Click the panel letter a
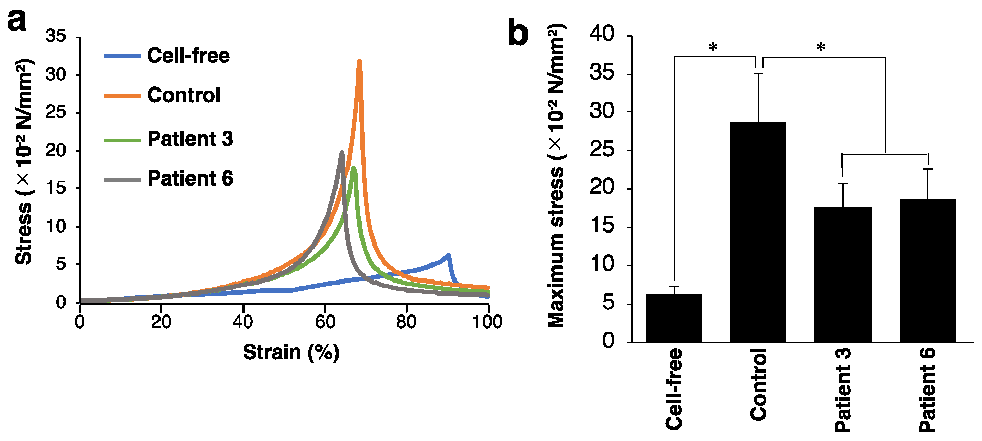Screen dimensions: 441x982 point(17,21)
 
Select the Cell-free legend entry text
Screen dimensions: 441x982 point(188,56)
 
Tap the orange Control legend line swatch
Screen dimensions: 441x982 point(122,95)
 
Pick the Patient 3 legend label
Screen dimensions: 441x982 point(190,139)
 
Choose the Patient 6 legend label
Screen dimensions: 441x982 point(190,178)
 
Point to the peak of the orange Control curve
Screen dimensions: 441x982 point(359,62)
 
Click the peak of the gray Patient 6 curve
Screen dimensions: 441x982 point(342,153)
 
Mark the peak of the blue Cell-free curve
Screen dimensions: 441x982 point(448,255)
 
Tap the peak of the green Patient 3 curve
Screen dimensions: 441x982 point(353,168)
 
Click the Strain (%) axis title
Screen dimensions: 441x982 point(291,352)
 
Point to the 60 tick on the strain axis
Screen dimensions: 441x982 point(325,322)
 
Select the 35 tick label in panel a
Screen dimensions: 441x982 point(56,36)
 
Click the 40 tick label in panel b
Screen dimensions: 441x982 point(602,34)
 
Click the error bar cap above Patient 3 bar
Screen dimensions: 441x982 point(842,184)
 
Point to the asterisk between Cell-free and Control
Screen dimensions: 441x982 point(713,48)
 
